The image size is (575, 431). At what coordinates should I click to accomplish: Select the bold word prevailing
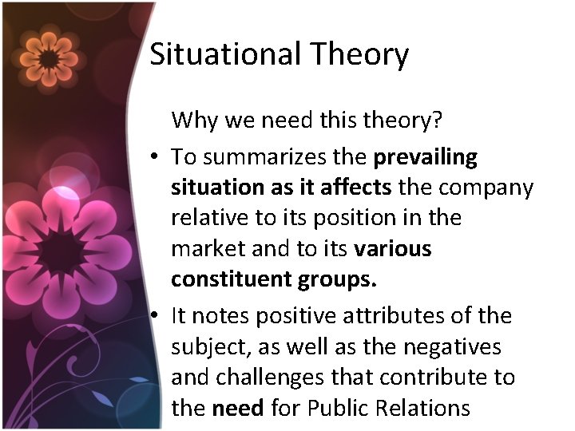pyautogui.click(x=426, y=158)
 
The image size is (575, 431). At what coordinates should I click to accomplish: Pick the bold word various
pyautogui.click(x=393, y=249)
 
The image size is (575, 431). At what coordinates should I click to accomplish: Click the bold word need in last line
pyautogui.click(x=238, y=408)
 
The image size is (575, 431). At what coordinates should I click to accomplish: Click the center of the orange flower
pyautogui.click(x=50, y=57)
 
